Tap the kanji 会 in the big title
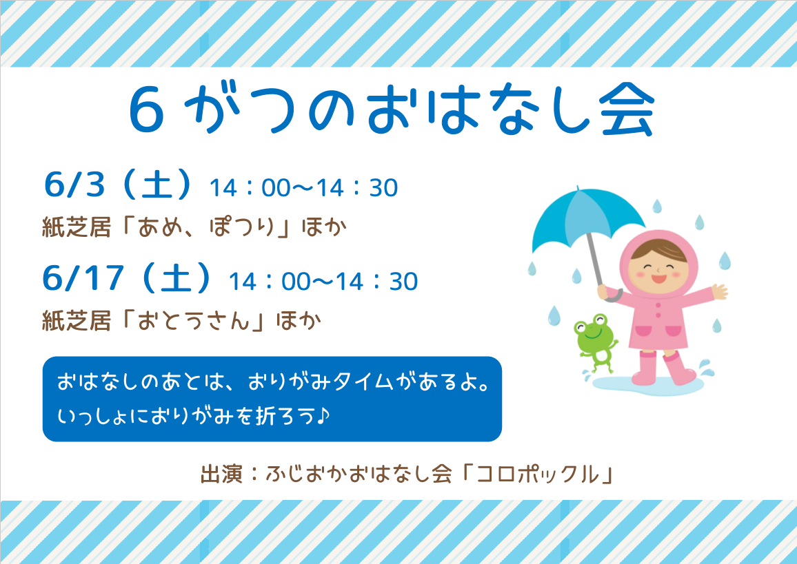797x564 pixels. (626, 109)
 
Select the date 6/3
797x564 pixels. (74, 185)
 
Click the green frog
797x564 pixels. (595, 341)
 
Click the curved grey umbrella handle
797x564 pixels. (612, 295)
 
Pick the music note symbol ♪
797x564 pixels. (323, 416)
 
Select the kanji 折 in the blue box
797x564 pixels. (263, 416)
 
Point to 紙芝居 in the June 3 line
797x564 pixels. (77, 227)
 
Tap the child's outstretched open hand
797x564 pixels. (719, 291)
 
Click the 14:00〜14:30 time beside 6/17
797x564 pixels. (323, 281)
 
